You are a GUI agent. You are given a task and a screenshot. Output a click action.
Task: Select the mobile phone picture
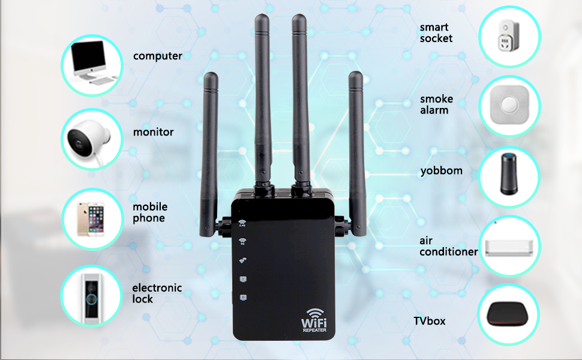click(x=91, y=218)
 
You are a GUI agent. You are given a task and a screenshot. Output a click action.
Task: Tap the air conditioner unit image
click(x=509, y=247)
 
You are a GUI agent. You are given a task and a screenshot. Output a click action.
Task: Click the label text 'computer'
click(x=157, y=56)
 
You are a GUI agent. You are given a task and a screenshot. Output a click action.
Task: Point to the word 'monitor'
click(x=153, y=131)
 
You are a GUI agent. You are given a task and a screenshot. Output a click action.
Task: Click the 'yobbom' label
click(x=441, y=170)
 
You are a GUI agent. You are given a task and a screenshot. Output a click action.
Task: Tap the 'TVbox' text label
click(x=429, y=321)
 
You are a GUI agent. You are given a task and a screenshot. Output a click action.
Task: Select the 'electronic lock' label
click(x=157, y=293)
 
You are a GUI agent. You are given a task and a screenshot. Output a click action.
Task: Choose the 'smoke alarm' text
click(x=436, y=104)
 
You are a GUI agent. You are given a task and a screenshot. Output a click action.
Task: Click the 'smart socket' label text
click(x=436, y=32)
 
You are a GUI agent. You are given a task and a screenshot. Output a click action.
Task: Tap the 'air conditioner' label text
click(x=448, y=246)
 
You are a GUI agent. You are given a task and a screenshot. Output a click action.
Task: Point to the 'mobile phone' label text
click(x=149, y=212)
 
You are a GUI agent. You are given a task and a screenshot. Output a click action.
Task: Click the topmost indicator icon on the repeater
click(x=242, y=224)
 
